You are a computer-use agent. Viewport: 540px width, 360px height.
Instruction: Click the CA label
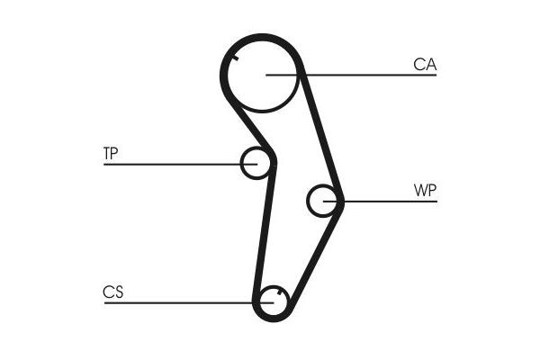point(425,65)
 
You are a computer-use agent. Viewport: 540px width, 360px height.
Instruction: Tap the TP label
point(111,153)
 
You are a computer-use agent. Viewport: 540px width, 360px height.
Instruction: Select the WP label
point(425,190)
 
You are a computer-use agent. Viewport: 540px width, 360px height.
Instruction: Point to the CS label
point(113,292)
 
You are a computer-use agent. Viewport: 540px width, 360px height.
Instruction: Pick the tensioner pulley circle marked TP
point(241,163)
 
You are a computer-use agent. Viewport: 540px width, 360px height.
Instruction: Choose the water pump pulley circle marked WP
point(308,201)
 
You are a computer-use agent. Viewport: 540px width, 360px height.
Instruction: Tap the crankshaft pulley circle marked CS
point(261,303)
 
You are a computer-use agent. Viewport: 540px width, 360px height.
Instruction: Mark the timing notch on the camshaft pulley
point(236,58)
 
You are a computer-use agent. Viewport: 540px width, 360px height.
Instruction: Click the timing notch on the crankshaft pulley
point(280,292)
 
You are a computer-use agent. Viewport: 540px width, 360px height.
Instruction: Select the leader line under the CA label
point(351,75)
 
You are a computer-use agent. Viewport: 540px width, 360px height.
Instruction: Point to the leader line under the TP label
point(181,165)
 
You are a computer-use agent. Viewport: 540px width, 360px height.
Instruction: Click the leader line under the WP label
point(380,202)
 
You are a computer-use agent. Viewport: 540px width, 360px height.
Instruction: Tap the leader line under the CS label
point(189,302)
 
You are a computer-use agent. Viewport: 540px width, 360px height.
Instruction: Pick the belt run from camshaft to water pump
point(320,134)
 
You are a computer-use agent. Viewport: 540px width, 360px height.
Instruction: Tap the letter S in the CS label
point(119,292)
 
